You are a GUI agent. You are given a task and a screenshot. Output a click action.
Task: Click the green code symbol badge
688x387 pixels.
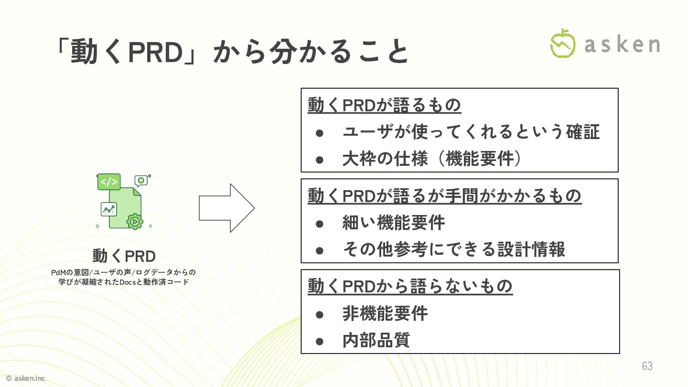coord(108,182)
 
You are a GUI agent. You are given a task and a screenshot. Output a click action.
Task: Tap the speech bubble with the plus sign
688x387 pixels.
coord(141,180)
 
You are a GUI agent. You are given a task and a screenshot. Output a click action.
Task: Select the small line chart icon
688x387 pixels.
coord(109,209)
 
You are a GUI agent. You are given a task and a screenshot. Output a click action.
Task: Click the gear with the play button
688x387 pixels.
coord(135,221)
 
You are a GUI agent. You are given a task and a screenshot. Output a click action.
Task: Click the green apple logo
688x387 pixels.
coord(563,43)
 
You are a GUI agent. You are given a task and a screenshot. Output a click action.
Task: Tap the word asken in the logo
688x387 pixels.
coord(622,44)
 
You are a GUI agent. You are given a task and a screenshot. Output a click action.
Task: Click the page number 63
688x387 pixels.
coord(647,366)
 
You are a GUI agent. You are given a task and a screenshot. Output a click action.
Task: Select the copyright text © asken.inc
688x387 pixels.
coord(25,378)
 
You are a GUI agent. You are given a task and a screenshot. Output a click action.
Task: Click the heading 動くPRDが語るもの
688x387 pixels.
coord(384,105)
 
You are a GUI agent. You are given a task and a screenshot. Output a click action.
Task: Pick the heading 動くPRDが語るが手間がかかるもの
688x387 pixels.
coord(444,195)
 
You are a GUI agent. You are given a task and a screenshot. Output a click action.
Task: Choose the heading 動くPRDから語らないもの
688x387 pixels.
coord(410,286)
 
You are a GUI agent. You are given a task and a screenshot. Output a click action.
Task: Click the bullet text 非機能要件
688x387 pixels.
coord(385,313)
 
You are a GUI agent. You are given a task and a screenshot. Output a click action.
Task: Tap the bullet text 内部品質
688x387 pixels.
coord(376,340)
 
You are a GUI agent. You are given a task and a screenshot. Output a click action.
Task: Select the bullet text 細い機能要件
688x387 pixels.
coord(394,223)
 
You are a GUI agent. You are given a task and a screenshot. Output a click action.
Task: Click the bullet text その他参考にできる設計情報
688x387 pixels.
coord(454,249)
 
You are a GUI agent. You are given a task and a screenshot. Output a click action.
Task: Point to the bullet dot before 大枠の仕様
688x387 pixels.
coord(320,159)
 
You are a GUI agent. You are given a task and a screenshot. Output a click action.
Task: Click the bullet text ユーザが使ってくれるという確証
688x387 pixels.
coord(471,132)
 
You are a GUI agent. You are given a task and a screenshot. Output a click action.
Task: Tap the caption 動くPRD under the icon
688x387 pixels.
coord(124,256)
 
